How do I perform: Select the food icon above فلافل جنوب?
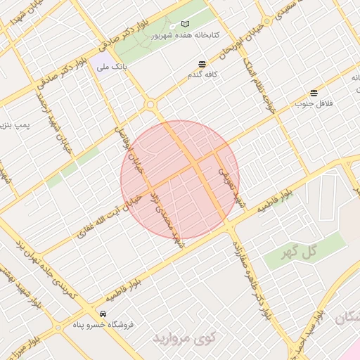coord(314,93)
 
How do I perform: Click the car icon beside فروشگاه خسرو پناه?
coord(103,313)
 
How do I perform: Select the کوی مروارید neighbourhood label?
coord(186,339)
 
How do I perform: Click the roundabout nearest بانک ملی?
coord(150,105)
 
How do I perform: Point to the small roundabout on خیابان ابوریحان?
coord(267,22)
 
